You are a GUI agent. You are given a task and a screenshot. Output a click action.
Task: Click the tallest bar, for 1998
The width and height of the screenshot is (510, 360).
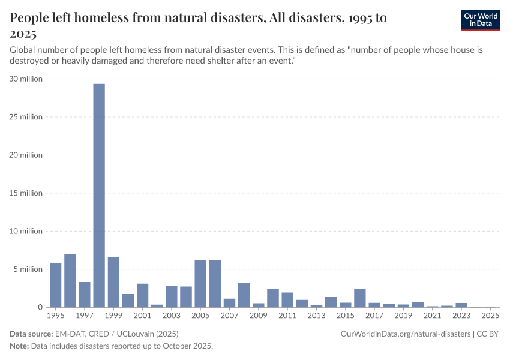(99, 195)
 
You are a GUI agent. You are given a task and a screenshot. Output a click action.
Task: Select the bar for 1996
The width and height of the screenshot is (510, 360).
(70, 280)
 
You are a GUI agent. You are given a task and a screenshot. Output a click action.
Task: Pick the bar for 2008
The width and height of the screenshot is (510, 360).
(244, 295)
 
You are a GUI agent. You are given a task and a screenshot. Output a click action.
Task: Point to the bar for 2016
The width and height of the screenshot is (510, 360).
(360, 298)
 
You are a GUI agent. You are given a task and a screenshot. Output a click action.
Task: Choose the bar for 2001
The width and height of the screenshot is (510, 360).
(143, 295)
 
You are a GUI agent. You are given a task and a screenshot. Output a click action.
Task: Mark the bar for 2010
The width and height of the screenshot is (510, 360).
(273, 298)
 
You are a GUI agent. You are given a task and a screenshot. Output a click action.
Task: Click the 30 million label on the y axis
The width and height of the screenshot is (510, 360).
(26, 79)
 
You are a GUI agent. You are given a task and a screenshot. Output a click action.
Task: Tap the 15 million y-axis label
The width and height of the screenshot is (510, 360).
(26, 193)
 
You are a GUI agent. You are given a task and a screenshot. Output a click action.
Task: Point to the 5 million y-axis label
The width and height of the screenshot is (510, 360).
(28, 269)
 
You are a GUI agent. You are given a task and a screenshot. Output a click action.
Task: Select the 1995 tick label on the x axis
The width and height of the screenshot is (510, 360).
(55, 315)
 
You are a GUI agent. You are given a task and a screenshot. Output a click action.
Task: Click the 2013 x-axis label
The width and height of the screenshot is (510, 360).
(316, 315)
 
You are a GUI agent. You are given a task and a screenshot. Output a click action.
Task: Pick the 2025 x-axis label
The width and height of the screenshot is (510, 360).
(490, 315)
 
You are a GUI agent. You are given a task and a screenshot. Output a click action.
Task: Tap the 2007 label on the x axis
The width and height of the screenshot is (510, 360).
(229, 315)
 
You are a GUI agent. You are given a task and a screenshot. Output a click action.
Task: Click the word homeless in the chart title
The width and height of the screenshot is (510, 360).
(96, 18)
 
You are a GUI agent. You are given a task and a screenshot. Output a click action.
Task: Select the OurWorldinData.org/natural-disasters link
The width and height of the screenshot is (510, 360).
(405, 334)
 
